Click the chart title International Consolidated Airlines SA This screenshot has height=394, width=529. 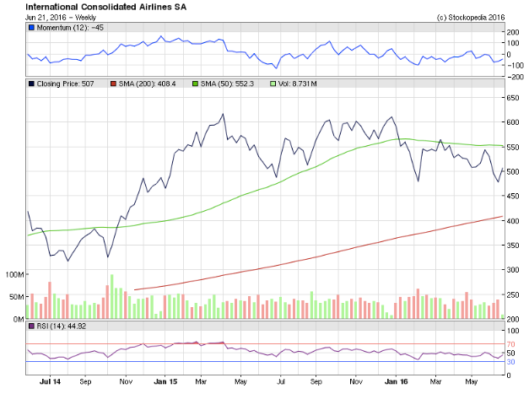(106, 7)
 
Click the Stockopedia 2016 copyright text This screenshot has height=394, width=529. (471, 18)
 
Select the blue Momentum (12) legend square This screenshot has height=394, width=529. (32, 28)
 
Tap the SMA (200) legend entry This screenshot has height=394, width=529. (143, 84)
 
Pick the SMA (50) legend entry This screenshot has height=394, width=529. (223, 84)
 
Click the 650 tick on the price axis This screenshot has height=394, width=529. (512, 98)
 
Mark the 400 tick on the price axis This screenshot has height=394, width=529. (512, 221)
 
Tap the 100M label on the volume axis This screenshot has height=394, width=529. (14, 274)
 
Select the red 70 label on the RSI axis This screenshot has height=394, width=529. (510, 344)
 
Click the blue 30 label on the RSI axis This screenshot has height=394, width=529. (510, 362)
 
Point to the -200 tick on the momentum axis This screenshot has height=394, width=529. (515, 77)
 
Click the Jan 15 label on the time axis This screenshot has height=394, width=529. (165, 382)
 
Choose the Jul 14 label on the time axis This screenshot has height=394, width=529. (50, 382)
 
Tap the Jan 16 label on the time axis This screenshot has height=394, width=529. (396, 382)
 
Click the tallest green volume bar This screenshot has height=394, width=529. (111, 296)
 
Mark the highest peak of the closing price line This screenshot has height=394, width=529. (223, 114)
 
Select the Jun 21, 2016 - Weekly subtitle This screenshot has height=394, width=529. (61, 18)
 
